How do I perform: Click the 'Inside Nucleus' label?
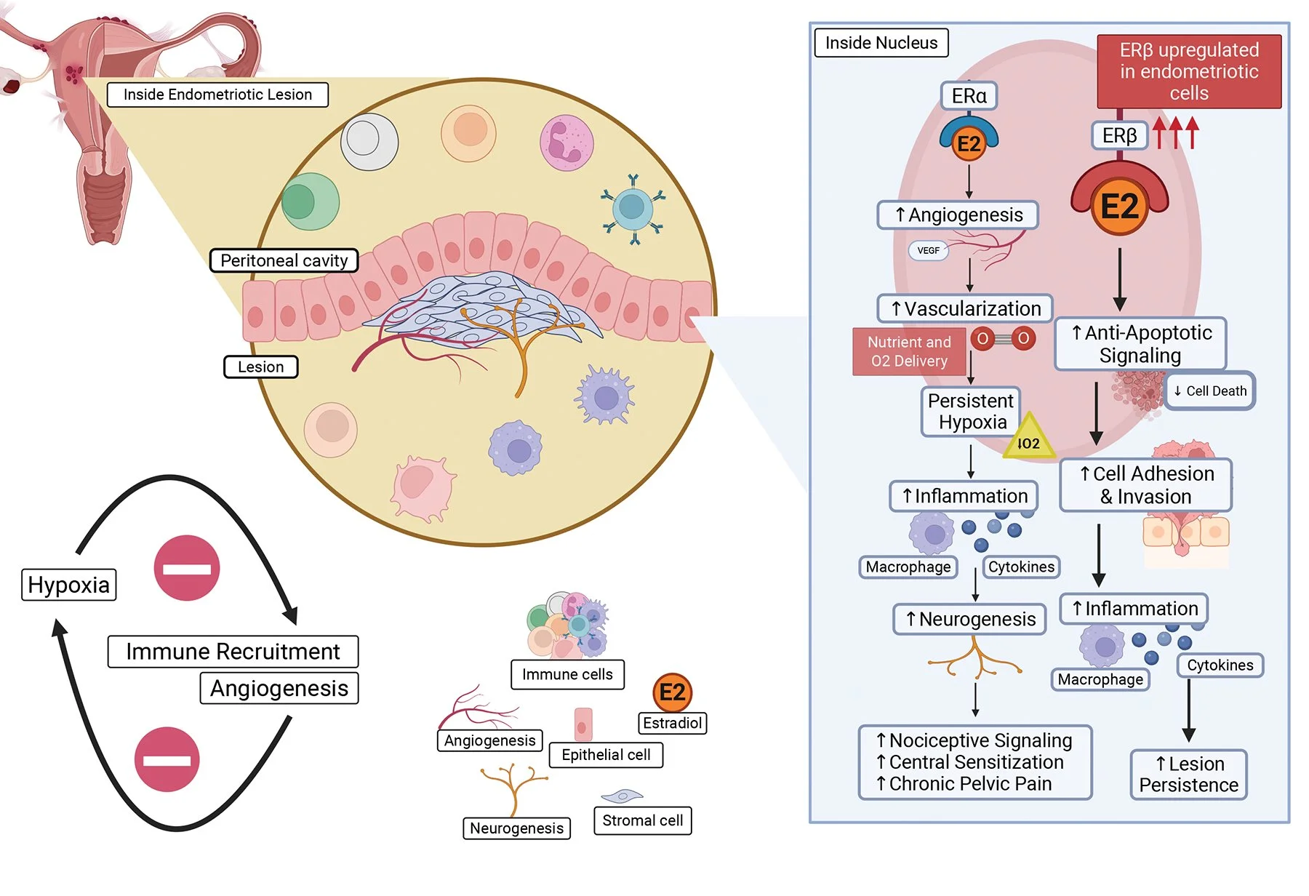point(881,43)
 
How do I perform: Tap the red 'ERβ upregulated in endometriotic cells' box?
point(1188,71)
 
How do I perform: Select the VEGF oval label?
point(928,250)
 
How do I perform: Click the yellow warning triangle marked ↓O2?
point(1028,439)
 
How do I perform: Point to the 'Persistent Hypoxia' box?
point(970,412)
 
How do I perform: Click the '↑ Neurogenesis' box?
point(969,619)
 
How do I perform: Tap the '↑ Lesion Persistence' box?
point(1188,775)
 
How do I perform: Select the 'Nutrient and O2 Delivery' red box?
point(908,351)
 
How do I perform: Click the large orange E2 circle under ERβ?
point(1119,207)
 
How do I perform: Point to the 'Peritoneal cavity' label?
point(284,260)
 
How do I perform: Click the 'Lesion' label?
point(260,367)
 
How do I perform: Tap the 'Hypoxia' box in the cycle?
point(68,585)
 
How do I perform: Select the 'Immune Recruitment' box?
point(233,651)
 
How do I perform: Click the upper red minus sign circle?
point(187,568)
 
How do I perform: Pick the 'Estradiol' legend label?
point(672,723)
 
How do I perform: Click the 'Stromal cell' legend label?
point(642,820)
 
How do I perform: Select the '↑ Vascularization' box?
point(964,308)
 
